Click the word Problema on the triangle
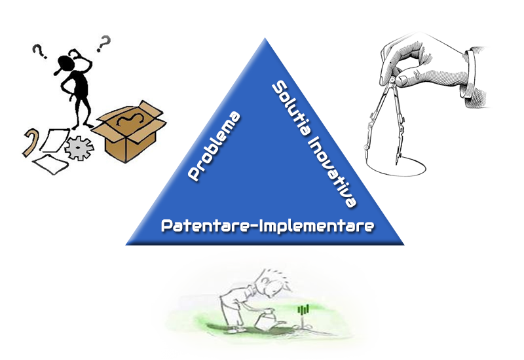pos(214,146)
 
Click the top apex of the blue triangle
pos(265,38)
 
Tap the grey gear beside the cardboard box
pos(79,148)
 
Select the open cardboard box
pos(129,132)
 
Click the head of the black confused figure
pos(64,63)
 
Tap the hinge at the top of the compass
pos(392,80)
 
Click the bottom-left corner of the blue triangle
pos(126,245)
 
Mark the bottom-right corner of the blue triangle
pos(404,245)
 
